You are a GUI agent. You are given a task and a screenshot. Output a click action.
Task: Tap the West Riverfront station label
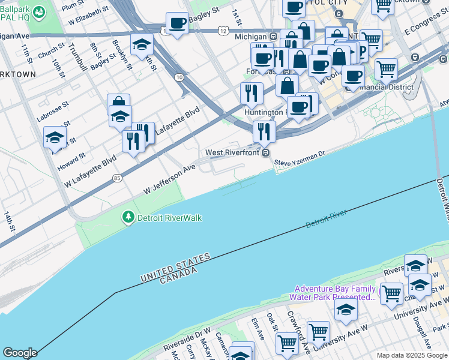232,152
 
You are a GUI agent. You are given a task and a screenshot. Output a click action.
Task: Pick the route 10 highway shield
179,77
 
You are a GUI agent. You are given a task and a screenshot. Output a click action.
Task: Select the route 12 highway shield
223,30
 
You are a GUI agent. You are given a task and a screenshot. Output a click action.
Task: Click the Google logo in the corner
19,353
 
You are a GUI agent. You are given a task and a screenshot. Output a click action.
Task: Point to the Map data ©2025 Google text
412,355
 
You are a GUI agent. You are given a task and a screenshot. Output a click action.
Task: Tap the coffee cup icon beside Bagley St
176,24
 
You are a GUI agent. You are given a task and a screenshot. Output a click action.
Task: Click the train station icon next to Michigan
273,37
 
